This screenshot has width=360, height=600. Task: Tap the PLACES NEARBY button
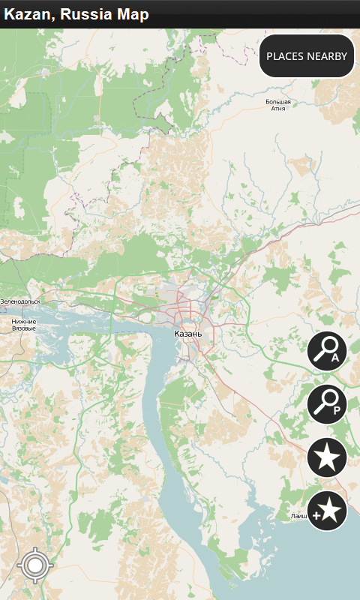[x=307, y=56]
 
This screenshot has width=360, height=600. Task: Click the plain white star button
[x=327, y=457]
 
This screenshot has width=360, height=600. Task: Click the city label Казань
[x=187, y=333]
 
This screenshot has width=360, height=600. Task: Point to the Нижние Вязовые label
[x=24, y=325]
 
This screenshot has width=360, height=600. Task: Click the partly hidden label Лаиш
[x=298, y=517]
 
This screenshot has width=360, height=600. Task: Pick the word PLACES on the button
[x=285, y=56]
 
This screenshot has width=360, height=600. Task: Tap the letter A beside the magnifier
[x=335, y=358]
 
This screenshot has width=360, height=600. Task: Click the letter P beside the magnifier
[x=336, y=410]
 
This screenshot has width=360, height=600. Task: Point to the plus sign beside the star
[x=316, y=516]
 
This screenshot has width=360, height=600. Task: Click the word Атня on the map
[x=278, y=109]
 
